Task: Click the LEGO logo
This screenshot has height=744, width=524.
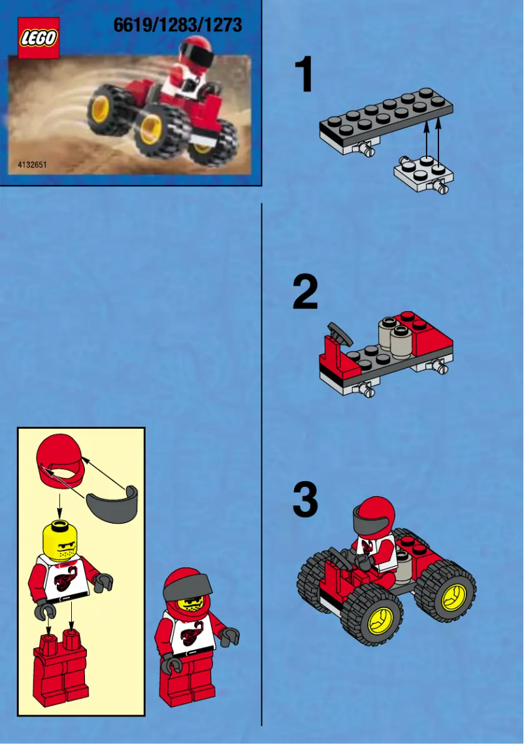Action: click(39, 37)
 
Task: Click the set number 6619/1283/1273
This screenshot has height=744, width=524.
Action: click(177, 25)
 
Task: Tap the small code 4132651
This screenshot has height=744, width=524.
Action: click(31, 165)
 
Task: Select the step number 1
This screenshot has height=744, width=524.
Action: click(303, 75)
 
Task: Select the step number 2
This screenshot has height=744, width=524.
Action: click(304, 293)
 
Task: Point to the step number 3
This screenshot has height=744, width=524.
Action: click(304, 501)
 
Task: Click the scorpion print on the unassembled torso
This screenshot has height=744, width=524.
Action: click(63, 579)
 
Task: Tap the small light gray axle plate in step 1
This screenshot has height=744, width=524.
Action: click(423, 174)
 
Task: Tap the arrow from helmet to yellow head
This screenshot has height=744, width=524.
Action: click(60, 503)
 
